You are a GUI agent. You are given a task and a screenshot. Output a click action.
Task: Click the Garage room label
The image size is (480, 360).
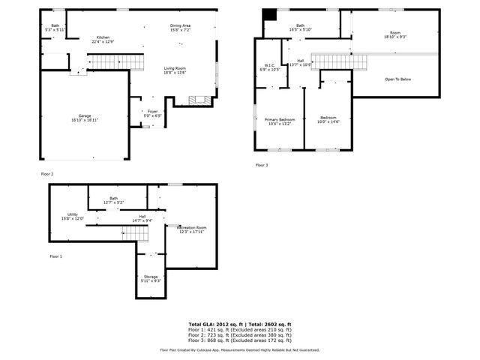point(85,117)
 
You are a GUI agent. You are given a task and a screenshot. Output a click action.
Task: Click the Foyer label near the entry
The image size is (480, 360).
point(153,113)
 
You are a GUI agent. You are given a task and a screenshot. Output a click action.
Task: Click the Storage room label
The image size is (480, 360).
point(151,278)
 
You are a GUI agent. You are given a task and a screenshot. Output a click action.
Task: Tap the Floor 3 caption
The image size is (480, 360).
point(262,165)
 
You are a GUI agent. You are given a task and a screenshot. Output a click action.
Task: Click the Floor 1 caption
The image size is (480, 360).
point(56,256)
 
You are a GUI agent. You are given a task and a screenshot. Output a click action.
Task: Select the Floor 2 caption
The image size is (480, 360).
point(47,173)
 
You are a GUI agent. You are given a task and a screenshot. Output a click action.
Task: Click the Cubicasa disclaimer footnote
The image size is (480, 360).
point(239,349)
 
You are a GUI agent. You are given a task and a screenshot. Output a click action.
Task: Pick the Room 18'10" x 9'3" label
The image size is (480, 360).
point(395,34)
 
